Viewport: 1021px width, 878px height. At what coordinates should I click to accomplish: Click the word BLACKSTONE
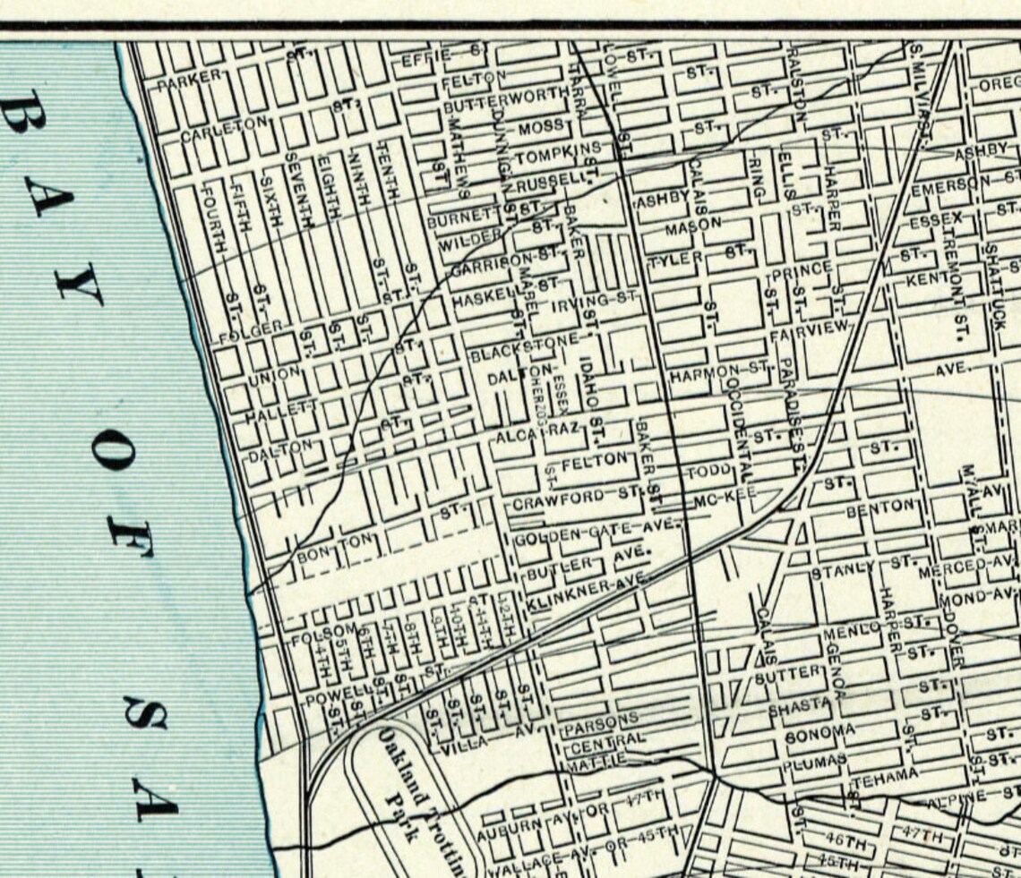[x=526, y=349]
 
